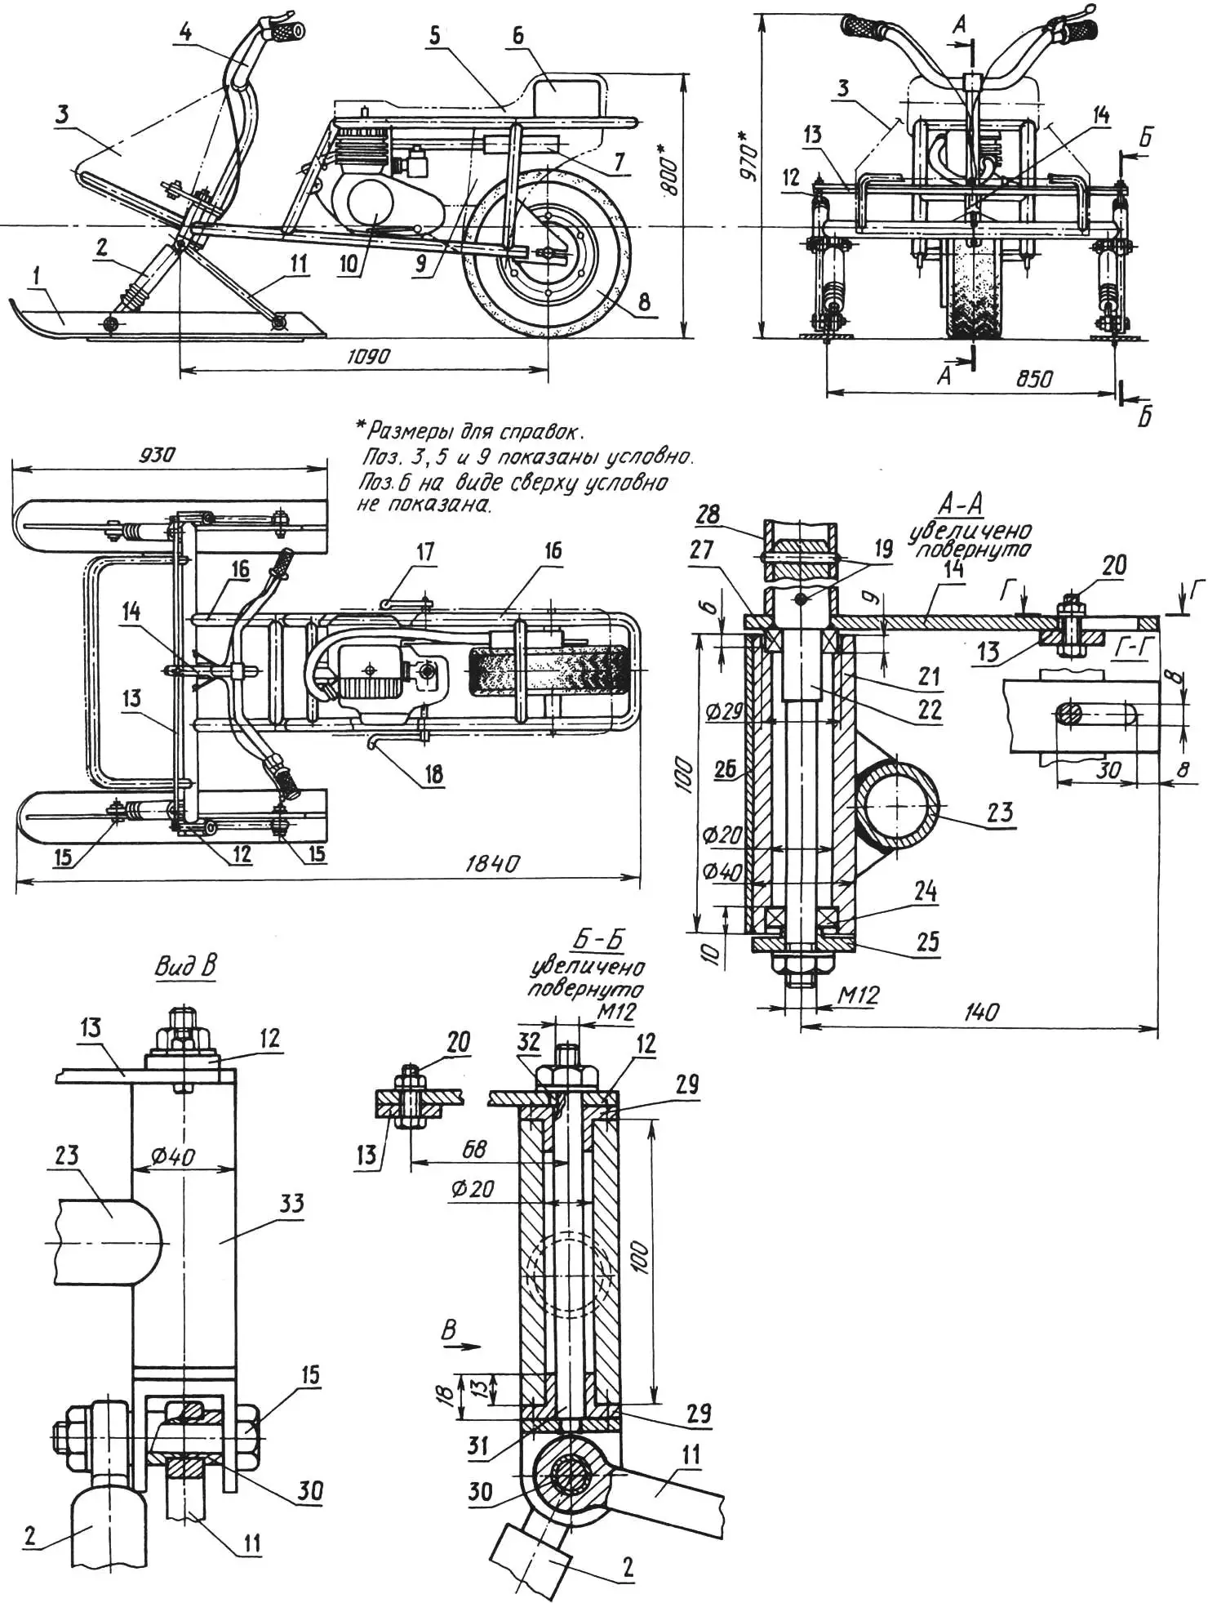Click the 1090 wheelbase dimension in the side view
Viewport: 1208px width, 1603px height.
(x=369, y=357)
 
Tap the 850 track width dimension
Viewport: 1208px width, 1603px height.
(x=1033, y=379)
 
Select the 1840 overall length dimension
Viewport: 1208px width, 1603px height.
(x=491, y=864)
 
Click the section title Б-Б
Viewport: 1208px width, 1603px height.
(x=597, y=941)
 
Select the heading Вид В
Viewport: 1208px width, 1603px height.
(x=185, y=967)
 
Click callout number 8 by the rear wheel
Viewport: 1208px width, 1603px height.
(x=644, y=302)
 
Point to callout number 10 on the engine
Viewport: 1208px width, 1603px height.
(x=349, y=265)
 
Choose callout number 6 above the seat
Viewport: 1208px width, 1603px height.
(x=518, y=37)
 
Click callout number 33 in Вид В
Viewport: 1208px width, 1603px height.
(x=291, y=1203)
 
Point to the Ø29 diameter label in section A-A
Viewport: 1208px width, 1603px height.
(x=723, y=711)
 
